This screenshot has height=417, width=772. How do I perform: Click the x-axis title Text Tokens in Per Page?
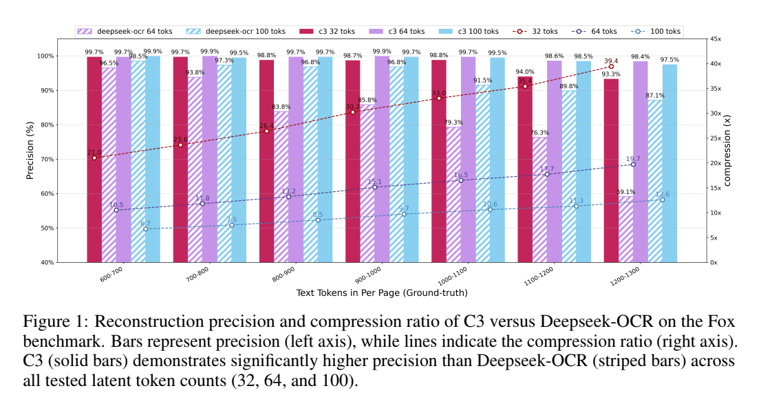[x=382, y=292]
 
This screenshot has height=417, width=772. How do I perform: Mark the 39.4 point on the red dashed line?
[x=611, y=67]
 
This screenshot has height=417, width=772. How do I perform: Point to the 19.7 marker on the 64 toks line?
[x=633, y=164]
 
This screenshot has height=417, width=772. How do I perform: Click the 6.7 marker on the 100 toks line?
[x=145, y=229]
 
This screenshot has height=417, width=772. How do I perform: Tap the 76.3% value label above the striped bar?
[x=540, y=133]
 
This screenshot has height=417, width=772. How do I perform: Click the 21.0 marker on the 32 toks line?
[x=94, y=158]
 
